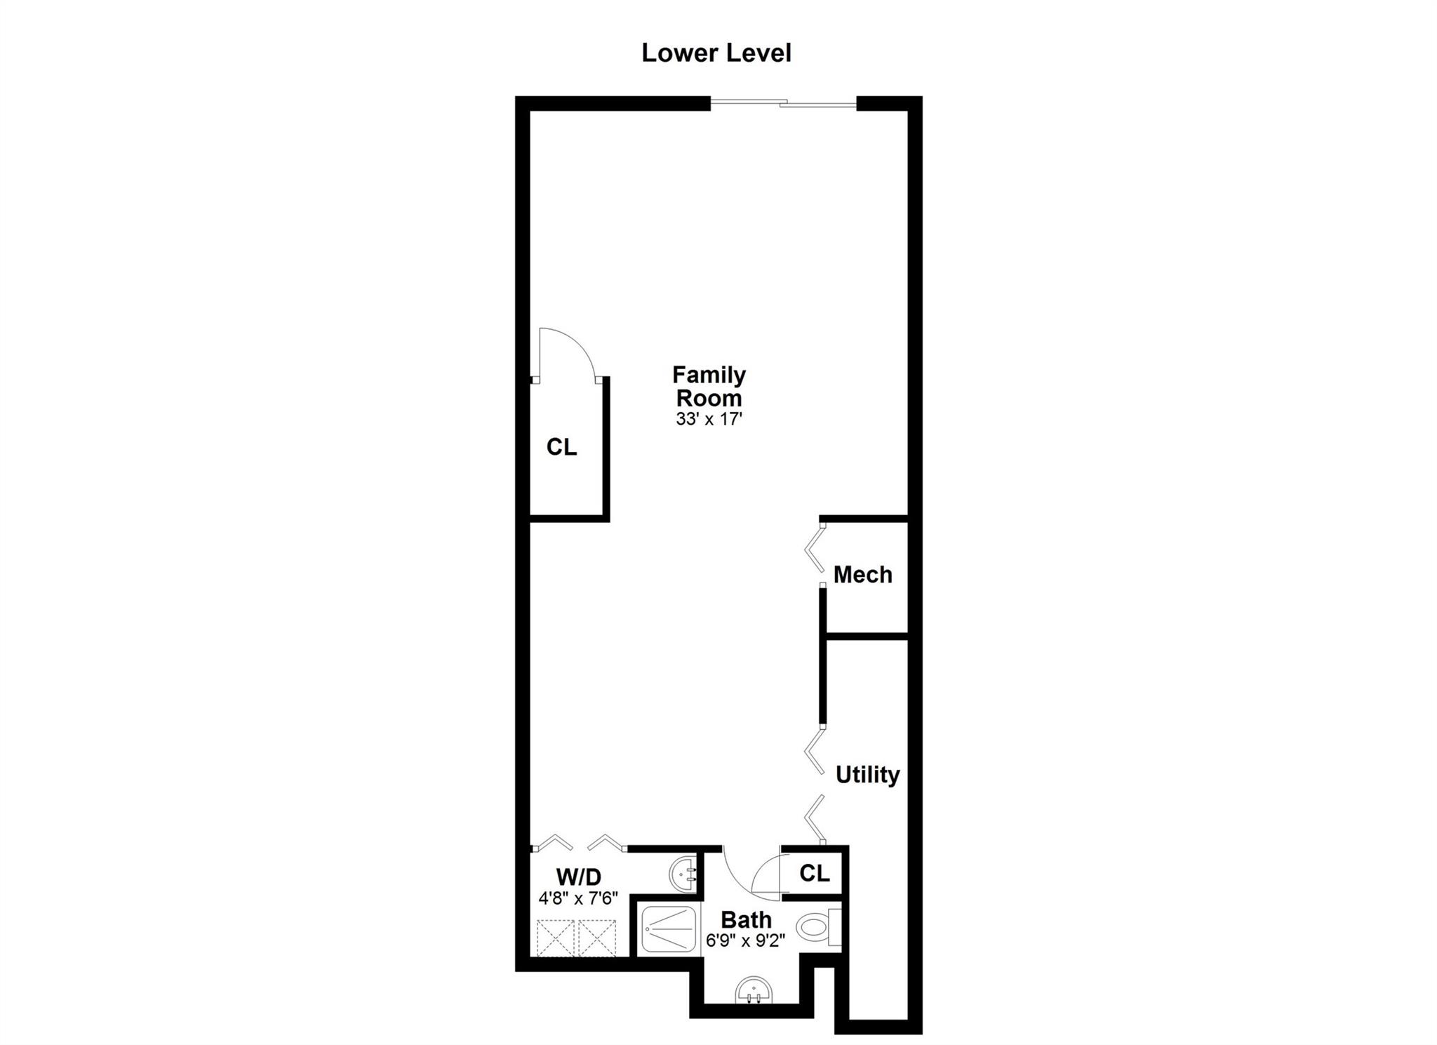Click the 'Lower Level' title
(716, 53)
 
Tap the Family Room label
(709, 386)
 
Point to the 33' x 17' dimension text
(709, 420)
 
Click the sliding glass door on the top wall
(784, 104)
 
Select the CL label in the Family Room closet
(561, 447)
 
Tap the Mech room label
(862, 575)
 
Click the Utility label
(867, 775)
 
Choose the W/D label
(579, 877)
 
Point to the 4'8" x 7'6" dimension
(578, 898)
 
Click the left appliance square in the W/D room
(556, 937)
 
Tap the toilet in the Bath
(819, 929)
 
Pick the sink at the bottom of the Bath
(754, 993)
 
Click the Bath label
(746, 919)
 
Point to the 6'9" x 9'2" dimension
(745, 940)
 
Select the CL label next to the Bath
(815, 873)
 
